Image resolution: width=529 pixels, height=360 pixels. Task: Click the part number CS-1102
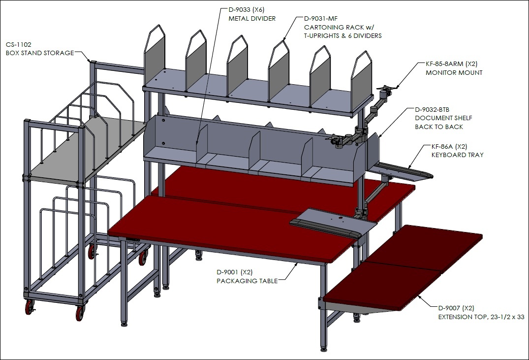tap(19, 45)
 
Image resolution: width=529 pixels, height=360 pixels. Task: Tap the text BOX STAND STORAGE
tap(40, 53)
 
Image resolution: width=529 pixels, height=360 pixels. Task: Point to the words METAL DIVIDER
tap(252, 19)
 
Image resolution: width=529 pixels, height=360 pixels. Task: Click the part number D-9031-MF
tap(320, 19)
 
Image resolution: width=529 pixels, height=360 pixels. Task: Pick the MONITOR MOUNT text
tap(454, 72)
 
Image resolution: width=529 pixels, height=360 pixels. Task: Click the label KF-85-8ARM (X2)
tap(451, 64)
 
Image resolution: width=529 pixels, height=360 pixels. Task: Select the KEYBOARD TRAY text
tap(458, 155)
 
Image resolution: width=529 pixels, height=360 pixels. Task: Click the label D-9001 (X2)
tap(234, 272)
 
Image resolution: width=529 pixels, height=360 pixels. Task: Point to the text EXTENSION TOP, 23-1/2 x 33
tap(481, 317)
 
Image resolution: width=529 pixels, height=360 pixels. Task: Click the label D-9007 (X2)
tap(456, 308)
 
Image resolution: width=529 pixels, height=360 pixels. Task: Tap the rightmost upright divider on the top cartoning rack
tap(362, 81)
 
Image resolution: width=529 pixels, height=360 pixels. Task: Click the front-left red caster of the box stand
tap(29, 307)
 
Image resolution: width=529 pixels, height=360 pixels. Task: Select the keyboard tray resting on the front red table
tap(333, 223)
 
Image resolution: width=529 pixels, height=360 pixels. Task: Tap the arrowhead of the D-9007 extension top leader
tap(419, 296)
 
